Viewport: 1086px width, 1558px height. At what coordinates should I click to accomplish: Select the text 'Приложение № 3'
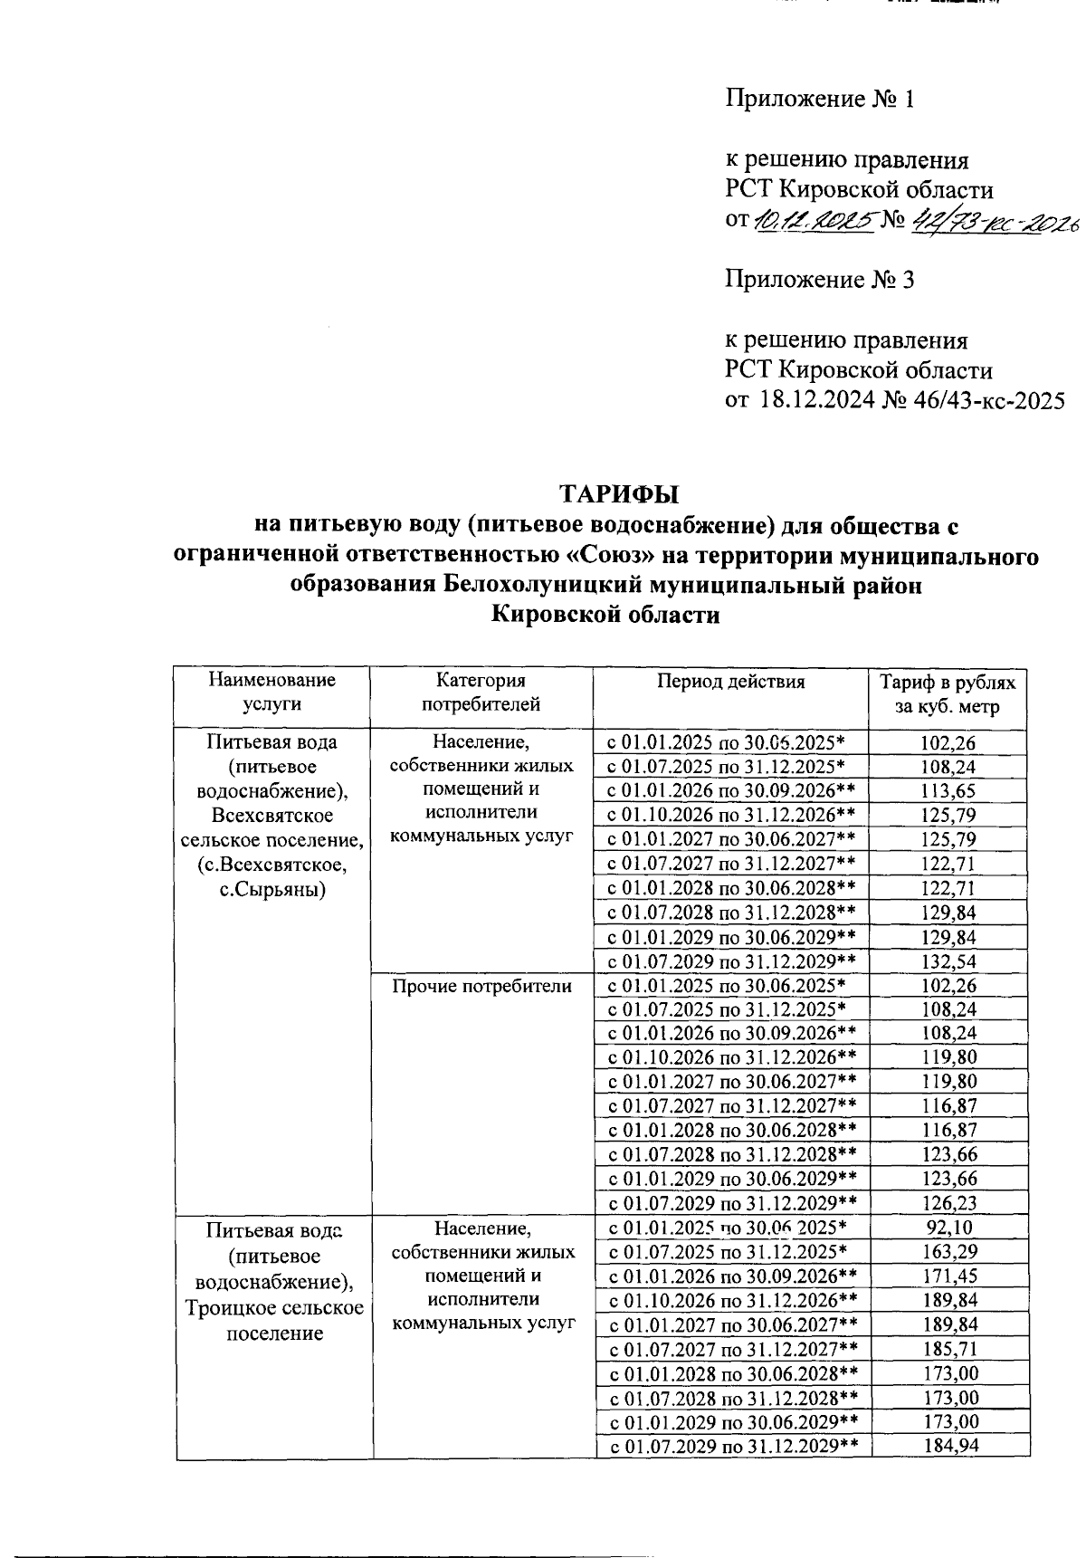tap(819, 280)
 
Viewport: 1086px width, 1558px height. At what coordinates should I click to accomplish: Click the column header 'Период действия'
tap(730, 682)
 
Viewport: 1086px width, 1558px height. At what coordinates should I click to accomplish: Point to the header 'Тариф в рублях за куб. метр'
tap(948, 694)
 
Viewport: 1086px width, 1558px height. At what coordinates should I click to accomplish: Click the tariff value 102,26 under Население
tap(948, 743)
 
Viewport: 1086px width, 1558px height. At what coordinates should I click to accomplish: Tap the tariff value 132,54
tap(948, 961)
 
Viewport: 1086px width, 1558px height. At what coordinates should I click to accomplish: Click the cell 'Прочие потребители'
tap(481, 986)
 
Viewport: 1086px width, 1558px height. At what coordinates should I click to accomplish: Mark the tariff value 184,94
tap(950, 1446)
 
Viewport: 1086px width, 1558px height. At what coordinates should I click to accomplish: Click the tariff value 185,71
tap(950, 1349)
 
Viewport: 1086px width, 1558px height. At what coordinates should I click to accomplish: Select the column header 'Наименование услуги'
tap(271, 692)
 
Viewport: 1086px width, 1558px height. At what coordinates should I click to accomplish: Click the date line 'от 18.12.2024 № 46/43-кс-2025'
tap(894, 400)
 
